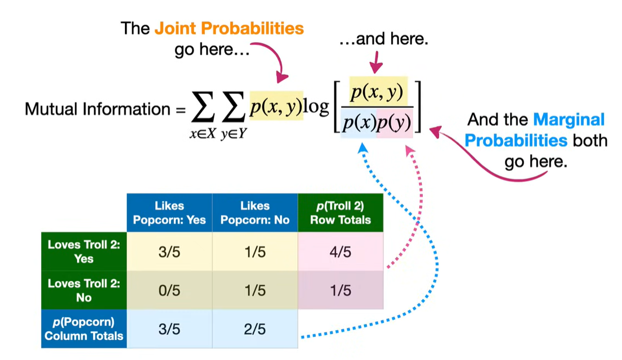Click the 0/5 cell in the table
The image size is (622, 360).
coord(169,290)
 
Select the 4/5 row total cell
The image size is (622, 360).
coord(341,252)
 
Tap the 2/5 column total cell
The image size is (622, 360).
coord(254,328)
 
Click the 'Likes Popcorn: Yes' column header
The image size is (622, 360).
coord(169,213)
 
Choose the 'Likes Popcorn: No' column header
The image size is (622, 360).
coord(254,213)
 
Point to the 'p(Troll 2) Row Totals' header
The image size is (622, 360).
coord(341,213)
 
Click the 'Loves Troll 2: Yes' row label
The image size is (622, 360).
coord(84,252)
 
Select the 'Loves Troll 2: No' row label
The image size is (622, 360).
coord(84,290)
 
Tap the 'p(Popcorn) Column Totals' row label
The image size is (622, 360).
coord(84,328)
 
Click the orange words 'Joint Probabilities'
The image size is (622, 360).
coord(229,29)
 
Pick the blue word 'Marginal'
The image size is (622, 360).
coord(569,120)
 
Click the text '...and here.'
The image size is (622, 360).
coord(383,39)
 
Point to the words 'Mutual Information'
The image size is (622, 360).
coord(97,109)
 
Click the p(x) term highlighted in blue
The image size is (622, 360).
coord(359,123)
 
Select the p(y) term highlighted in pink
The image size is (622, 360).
coord(394,123)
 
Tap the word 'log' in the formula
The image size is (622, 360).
coord(316,106)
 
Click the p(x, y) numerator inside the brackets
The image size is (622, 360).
coord(377,92)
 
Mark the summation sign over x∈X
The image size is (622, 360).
coord(203,107)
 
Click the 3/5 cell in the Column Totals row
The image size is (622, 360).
coord(169,328)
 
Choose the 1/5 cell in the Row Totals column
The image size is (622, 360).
coord(341,290)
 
